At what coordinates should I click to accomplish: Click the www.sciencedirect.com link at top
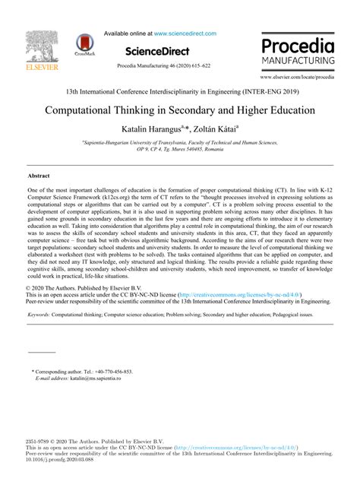point(185,33)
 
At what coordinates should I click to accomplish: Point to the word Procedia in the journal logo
point(297,43)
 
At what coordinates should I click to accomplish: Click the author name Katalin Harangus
point(147,130)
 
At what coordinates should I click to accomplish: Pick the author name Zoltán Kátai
point(214,130)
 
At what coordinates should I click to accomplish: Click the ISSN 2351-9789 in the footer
point(38,441)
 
